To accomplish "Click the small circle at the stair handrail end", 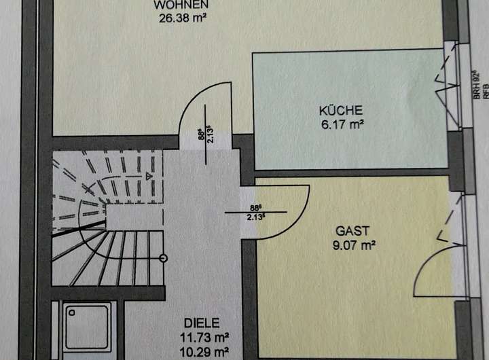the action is [163, 257].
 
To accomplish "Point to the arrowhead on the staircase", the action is [149, 175].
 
